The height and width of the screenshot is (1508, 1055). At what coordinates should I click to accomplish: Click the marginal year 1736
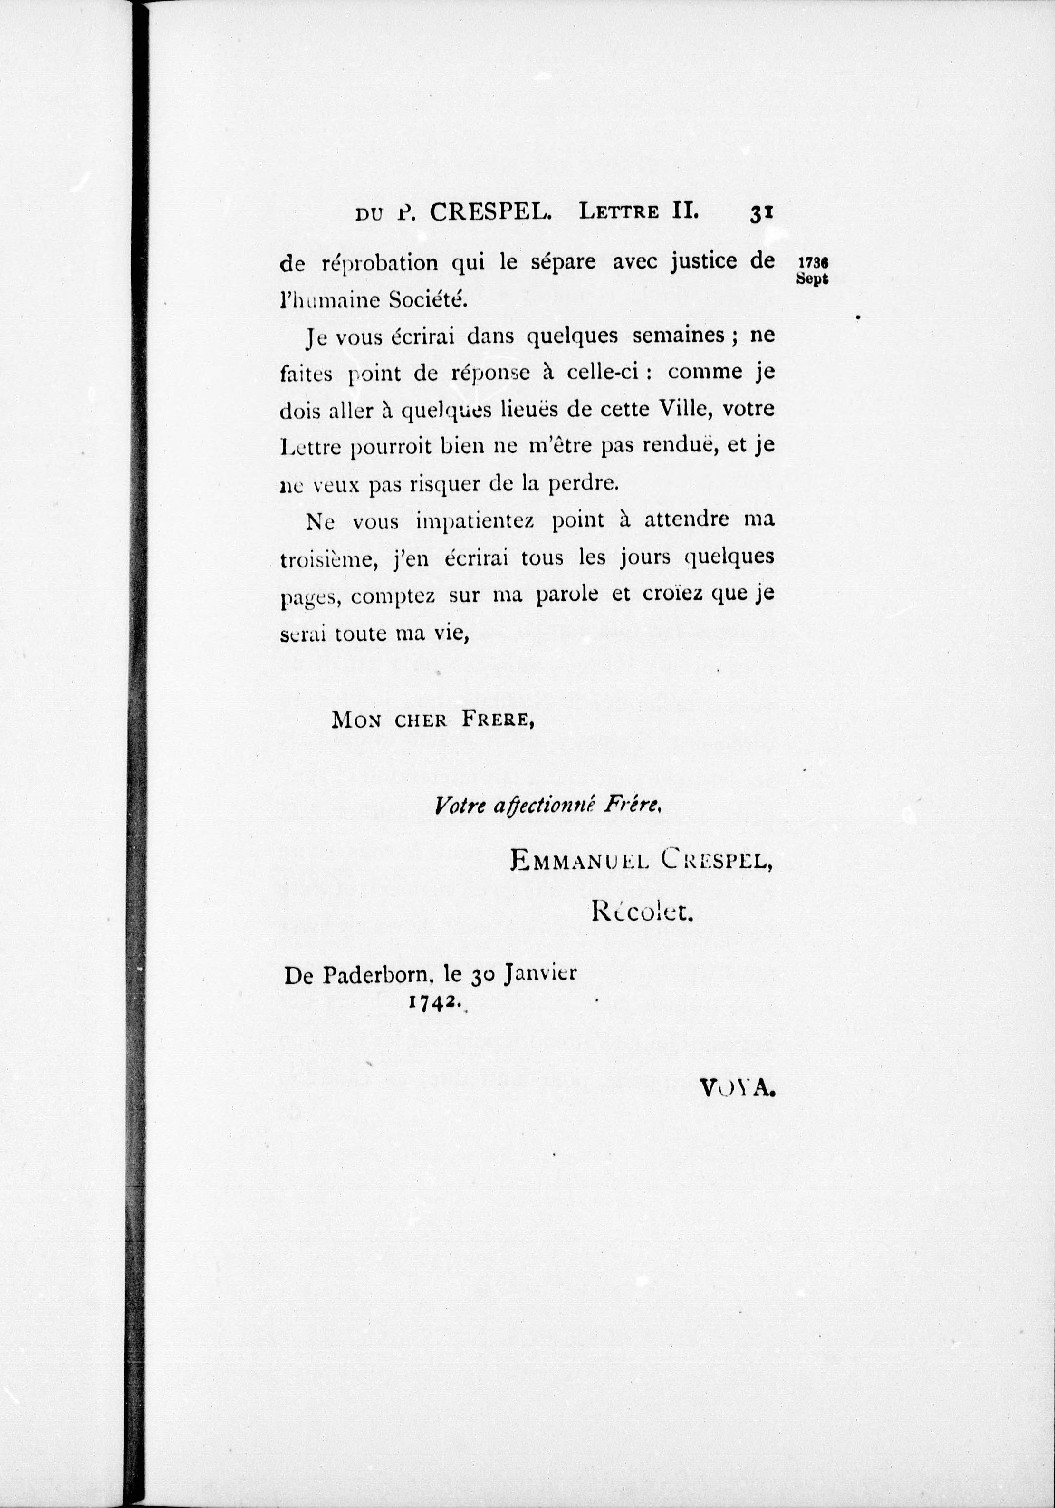pyautogui.click(x=812, y=261)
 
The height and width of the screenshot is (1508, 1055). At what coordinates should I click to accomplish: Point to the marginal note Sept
pyautogui.click(x=812, y=278)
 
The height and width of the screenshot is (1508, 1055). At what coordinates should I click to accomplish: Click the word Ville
pyautogui.click(x=677, y=410)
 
